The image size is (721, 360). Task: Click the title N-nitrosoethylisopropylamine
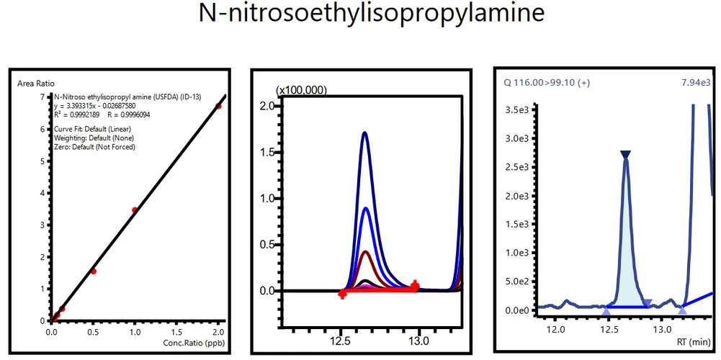pos(360,15)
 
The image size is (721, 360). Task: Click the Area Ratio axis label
pos(36,84)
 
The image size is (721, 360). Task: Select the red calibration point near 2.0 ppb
pos(219,107)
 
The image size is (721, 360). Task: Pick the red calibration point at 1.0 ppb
pos(135,210)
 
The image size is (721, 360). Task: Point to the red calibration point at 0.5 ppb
pos(94,271)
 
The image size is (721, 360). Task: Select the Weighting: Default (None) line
pos(94,138)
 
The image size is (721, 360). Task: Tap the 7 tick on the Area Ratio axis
pos(42,96)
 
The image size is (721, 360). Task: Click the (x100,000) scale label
pos(302,89)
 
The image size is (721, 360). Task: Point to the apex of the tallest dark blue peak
pos(365,132)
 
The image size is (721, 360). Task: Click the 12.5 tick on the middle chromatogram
pos(341,339)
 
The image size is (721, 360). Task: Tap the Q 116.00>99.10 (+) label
pos(547,83)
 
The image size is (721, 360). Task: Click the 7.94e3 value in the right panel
pos(696,83)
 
